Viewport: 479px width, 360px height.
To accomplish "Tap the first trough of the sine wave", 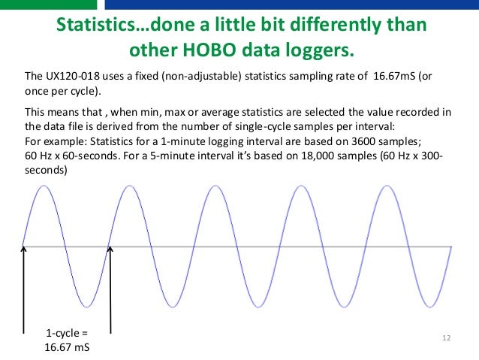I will click(89, 306).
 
